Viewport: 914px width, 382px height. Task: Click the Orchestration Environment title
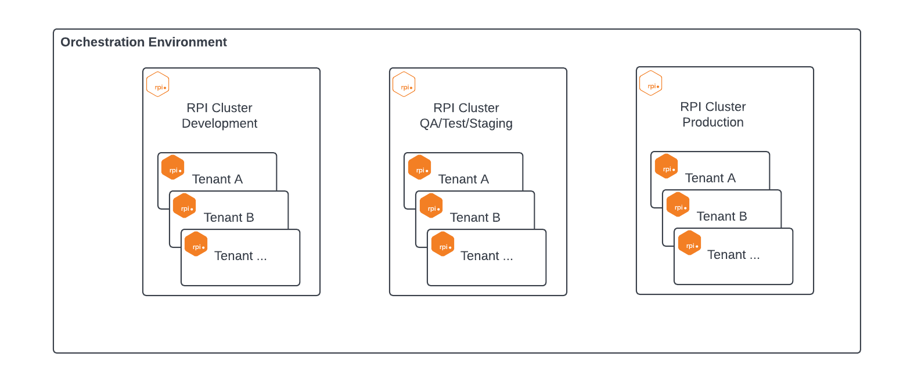click(143, 42)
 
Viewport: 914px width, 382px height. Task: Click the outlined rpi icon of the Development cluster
click(158, 84)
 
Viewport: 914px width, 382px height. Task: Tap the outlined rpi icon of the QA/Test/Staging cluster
click(404, 84)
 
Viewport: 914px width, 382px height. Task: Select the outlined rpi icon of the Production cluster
click(651, 83)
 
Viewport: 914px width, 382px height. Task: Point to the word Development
click(219, 124)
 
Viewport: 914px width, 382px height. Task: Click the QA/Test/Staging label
click(466, 124)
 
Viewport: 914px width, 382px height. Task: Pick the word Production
click(713, 122)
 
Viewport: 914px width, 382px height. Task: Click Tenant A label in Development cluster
click(217, 179)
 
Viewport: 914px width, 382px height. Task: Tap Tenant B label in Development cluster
click(229, 218)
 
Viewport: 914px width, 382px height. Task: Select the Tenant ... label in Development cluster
click(240, 256)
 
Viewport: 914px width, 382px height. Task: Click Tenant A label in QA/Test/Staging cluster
click(463, 179)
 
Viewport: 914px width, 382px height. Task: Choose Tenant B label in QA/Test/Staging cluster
click(475, 218)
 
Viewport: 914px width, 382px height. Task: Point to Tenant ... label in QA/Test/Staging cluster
click(487, 256)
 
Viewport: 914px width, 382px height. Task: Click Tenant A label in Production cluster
click(710, 178)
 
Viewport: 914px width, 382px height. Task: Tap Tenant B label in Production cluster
click(722, 217)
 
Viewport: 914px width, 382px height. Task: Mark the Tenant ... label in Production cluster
click(733, 255)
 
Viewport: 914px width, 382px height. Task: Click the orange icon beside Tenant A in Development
click(173, 167)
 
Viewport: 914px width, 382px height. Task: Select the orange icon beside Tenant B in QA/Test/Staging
click(431, 206)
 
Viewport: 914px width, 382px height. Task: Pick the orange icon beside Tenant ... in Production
click(690, 243)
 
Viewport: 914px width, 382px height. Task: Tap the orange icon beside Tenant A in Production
click(667, 166)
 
